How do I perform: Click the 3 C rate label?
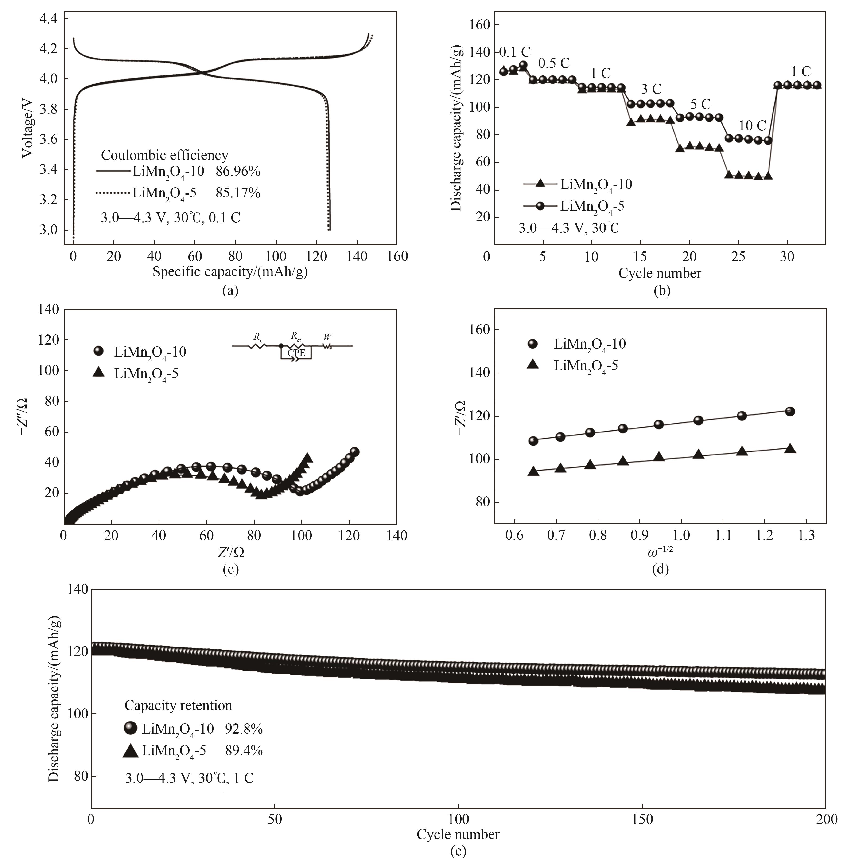pyautogui.click(x=651, y=89)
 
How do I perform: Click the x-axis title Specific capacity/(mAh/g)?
pyautogui.click(x=230, y=272)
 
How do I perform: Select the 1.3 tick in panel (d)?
pyautogui.click(x=806, y=536)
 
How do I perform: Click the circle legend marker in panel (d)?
pyautogui.click(x=532, y=344)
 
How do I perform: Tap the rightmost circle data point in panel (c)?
pyautogui.click(x=354, y=452)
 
